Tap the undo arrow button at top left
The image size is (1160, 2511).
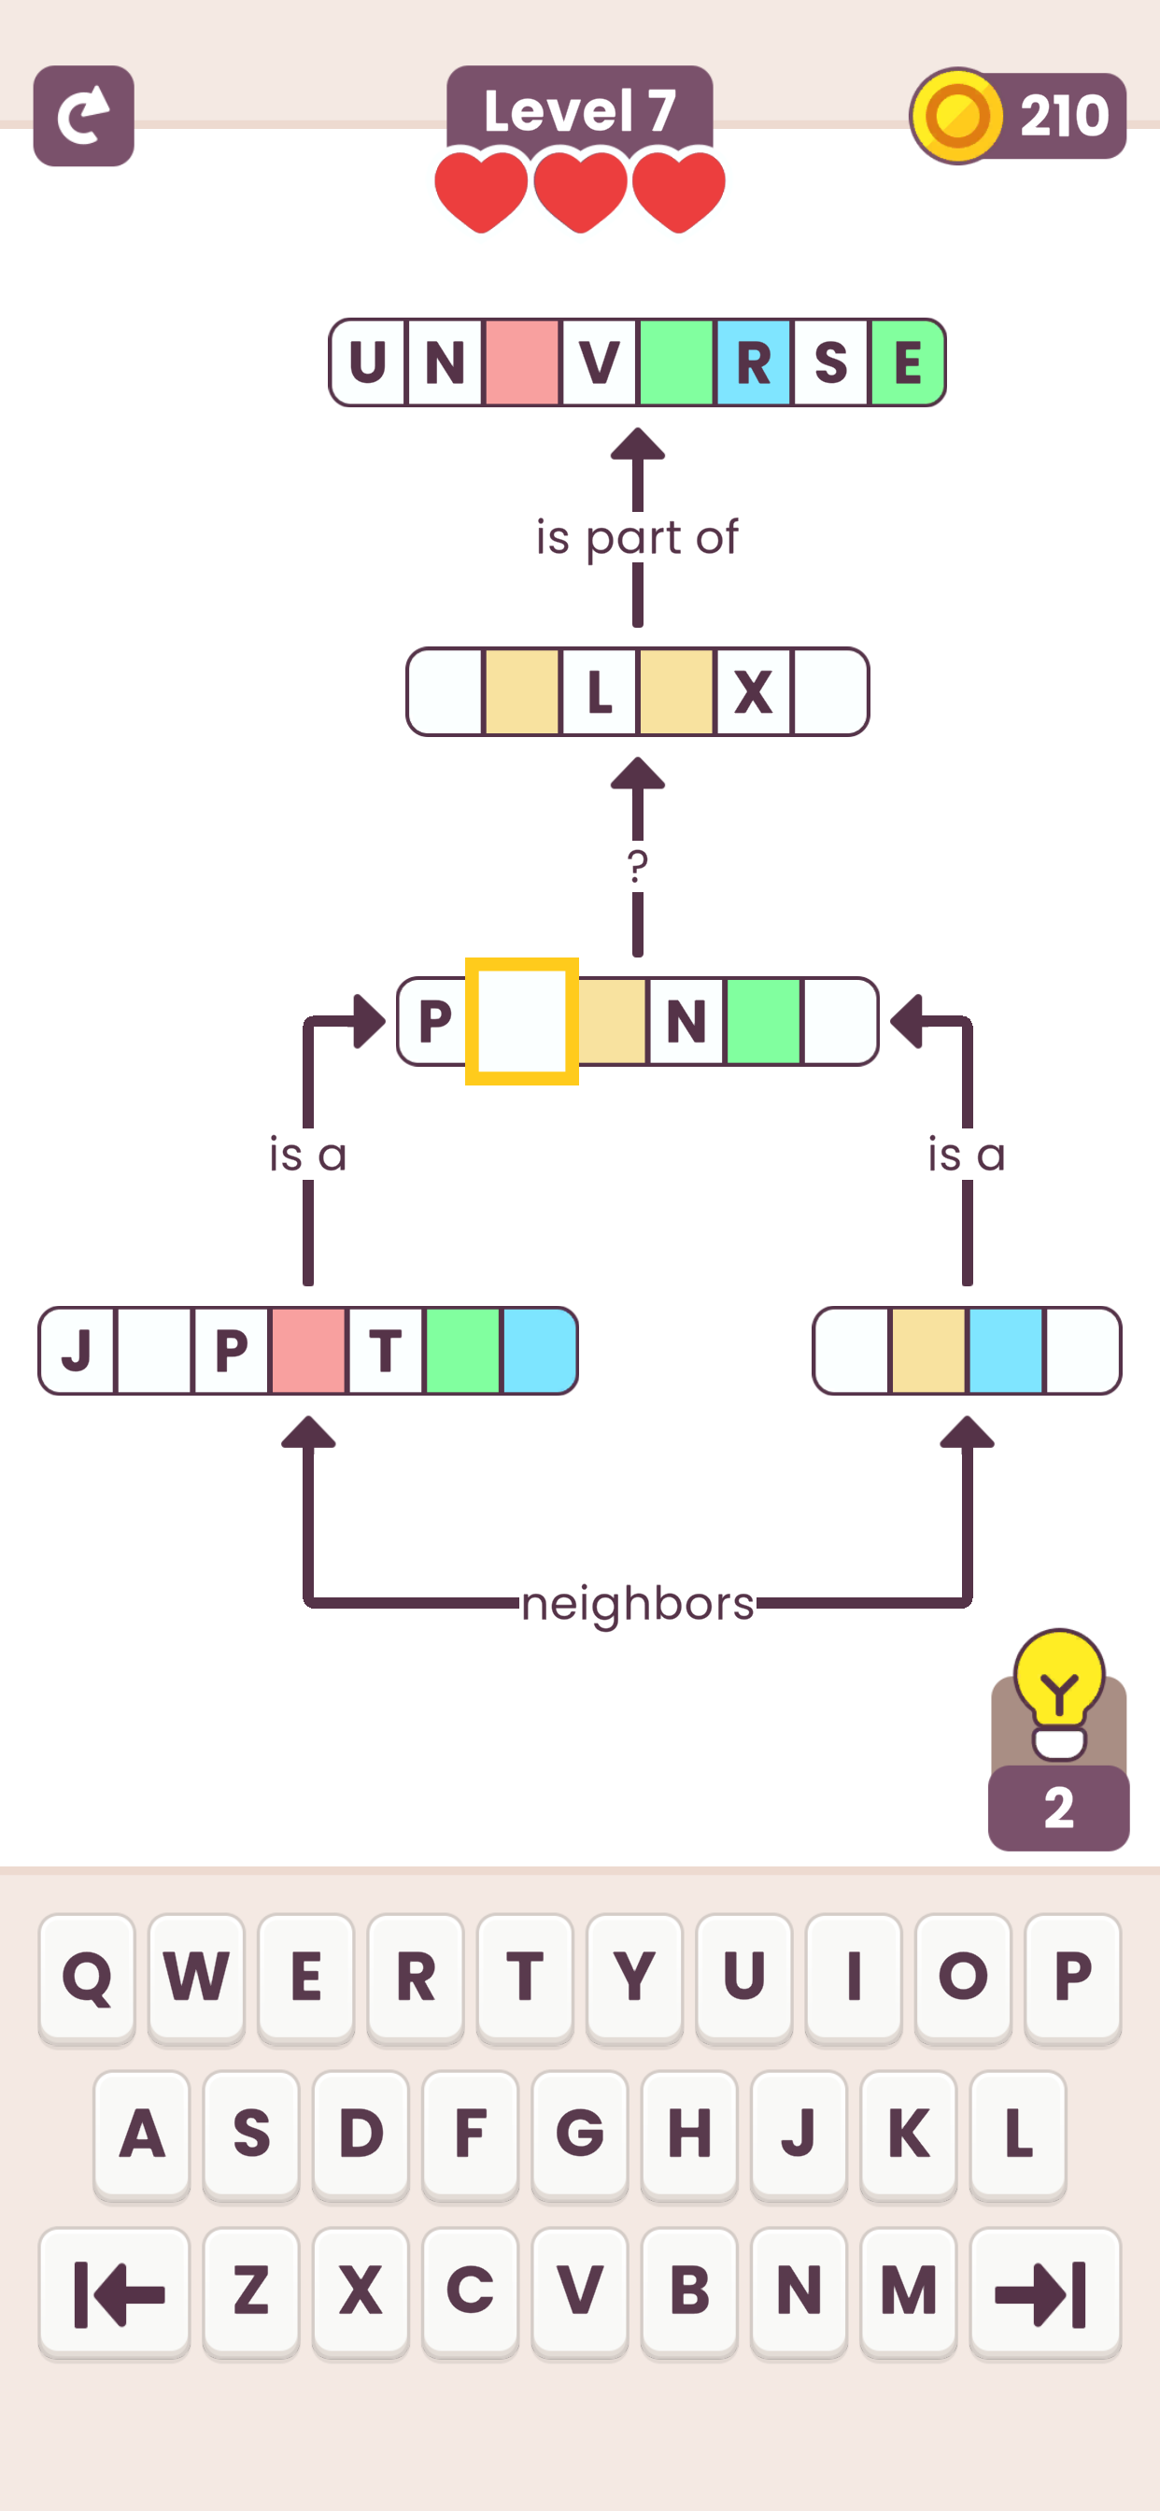84,116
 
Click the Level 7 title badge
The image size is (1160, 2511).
579,109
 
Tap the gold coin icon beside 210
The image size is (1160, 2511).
957,116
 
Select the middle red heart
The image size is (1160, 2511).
580,190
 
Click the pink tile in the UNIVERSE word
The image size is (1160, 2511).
521,362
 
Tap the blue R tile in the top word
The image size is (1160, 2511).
754,362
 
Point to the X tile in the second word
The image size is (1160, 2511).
754,692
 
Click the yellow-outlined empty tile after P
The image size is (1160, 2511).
521,1022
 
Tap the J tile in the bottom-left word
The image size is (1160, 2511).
77,1351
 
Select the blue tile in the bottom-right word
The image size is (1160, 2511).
1005,1351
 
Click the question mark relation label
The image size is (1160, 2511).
638,866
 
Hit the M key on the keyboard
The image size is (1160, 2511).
908,2291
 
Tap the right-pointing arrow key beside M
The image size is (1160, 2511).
1044,2291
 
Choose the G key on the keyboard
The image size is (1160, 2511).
579,2134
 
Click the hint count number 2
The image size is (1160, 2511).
1058,1809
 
